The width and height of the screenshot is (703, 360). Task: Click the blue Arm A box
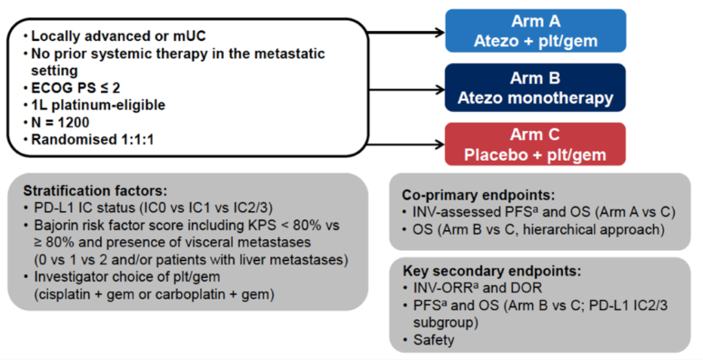coord(535,31)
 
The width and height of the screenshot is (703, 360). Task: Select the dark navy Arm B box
coord(535,88)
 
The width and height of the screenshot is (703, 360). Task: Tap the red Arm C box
coord(535,145)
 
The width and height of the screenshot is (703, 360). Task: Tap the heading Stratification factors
coord(95,191)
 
